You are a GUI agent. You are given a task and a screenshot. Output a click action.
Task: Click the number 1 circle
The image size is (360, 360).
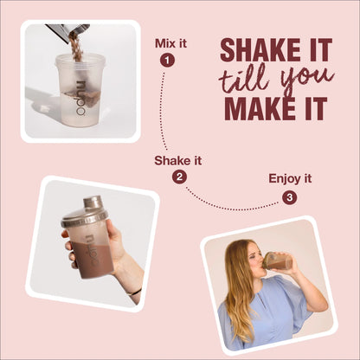[x=167, y=61]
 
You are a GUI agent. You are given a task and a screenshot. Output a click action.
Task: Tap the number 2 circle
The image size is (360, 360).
[x=179, y=177]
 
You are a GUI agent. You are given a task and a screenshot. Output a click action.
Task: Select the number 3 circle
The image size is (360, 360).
[x=290, y=197]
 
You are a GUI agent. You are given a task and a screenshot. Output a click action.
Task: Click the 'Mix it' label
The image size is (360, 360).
[x=170, y=43]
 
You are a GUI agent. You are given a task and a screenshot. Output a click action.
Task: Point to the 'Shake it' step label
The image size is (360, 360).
[x=178, y=161]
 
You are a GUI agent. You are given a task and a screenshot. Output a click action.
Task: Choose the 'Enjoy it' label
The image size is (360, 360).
[x=290, y=179]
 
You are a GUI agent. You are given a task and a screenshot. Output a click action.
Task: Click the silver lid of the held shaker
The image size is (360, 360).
[x=86, y=212]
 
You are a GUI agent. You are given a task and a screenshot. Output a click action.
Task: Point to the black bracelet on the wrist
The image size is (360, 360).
[x=134, y=292]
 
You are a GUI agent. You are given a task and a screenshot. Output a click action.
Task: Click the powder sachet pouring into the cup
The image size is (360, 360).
[x=68, y=31]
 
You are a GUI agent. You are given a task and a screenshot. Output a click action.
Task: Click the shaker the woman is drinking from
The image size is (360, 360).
[x=278, y=260]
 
